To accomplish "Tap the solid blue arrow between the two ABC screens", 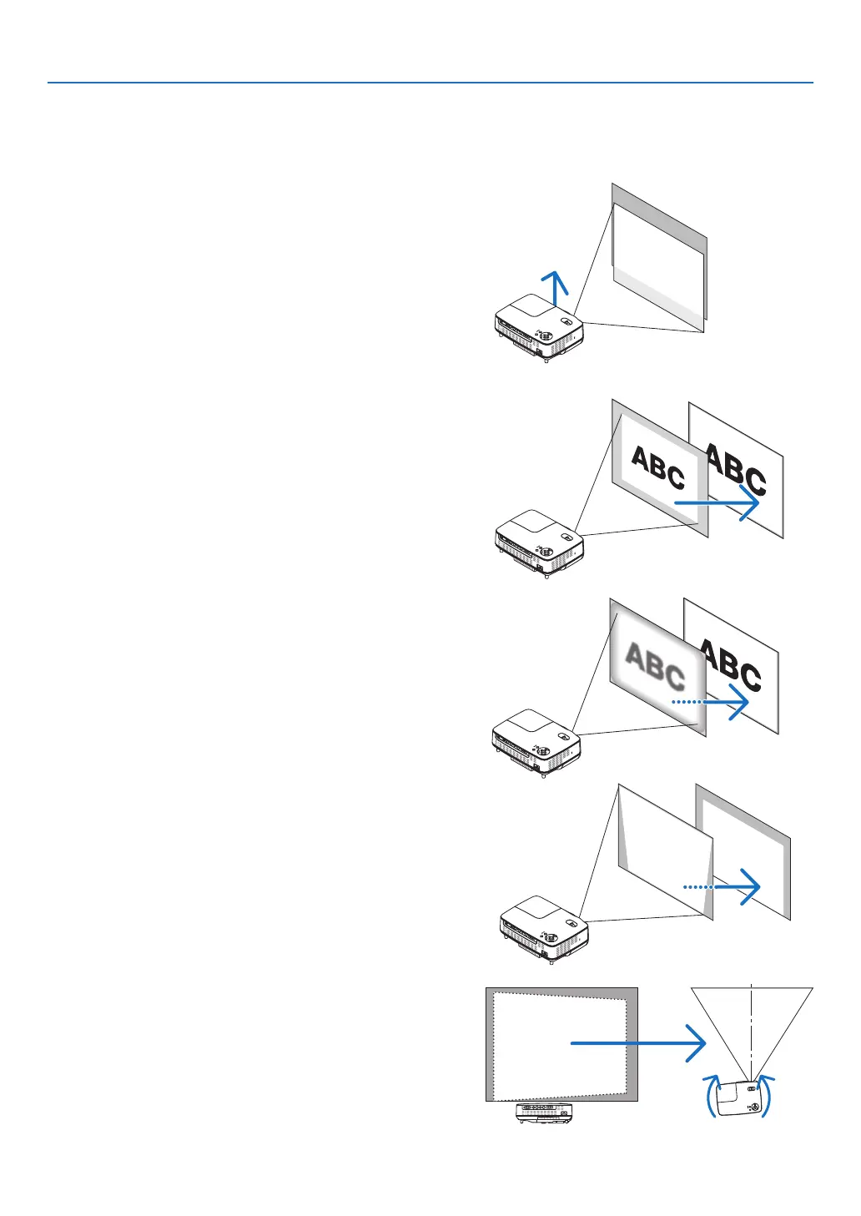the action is coord(716,503).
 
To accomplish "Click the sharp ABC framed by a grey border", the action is coord(658,468).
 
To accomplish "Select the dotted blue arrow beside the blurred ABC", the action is coord(709,703).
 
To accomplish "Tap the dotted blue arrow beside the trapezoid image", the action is coord(721,887).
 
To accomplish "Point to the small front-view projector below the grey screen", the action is coord(545,1112).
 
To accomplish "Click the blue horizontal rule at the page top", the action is coord(430,83).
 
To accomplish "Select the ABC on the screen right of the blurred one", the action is coord(733,665).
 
